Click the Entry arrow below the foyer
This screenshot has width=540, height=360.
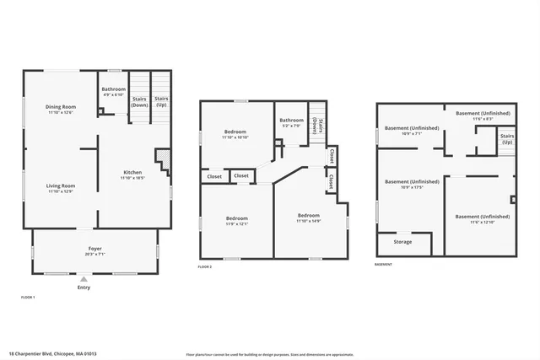point(84,280)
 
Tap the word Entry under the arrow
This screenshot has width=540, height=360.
point(84,288)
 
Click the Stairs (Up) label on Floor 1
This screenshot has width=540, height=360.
point(161,103)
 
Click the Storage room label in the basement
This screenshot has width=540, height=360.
point(402,242)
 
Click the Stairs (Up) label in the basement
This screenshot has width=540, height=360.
point(507,139)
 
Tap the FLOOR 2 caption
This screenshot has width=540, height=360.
point(205,266)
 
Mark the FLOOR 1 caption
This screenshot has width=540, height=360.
point(29,298)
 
